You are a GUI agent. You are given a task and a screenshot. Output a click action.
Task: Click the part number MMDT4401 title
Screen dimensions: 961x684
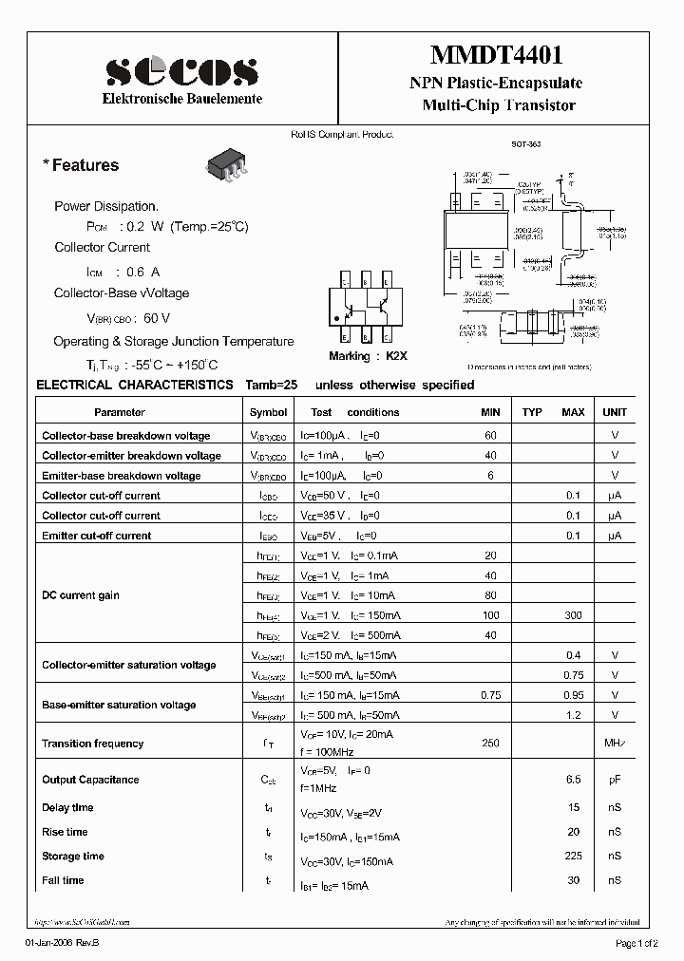(x=499, y=58)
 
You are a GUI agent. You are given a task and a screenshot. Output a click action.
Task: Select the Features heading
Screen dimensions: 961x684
(x=82, y=165)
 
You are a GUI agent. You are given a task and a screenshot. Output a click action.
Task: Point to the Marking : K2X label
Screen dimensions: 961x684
(x=368, y=355)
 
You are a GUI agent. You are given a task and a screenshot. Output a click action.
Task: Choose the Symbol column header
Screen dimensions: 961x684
(x=268, y=412)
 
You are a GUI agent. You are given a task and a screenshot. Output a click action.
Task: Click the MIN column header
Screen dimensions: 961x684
(x=490, y=412)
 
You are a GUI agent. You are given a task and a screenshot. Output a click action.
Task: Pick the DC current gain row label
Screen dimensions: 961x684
(x=81, y=595)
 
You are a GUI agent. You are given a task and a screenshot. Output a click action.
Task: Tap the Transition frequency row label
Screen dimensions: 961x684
(x=92, y=744)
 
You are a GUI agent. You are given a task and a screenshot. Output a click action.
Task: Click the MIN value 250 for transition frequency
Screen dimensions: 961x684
(x=490, y=744)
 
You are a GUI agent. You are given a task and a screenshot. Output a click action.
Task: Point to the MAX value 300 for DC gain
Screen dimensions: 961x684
(x=573, y=615)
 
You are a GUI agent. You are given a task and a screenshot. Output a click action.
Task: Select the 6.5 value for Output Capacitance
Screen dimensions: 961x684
(x=573, y=780)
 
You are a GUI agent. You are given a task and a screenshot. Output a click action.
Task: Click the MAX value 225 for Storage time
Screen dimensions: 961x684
(x=573, y=857)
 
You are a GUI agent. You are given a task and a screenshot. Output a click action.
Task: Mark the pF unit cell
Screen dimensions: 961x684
(x=615, y=780)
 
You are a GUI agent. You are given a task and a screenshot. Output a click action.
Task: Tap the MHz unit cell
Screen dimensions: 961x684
(x=615, y=744)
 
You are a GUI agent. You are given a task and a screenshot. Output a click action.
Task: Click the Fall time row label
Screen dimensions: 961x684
(x=63, y=881)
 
